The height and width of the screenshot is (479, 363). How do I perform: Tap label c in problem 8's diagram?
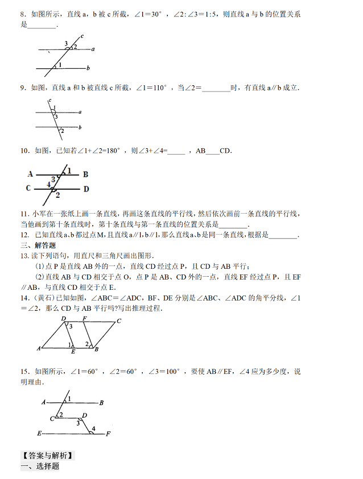point(82,36)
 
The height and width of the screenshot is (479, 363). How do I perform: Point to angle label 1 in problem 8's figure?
point(59,65)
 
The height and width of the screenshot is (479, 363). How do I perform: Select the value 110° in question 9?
point(155,88)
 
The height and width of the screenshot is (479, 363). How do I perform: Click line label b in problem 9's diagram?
point(80,127)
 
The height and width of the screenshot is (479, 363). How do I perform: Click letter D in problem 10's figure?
point(86,189)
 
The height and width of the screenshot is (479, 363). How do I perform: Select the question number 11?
point(24,214)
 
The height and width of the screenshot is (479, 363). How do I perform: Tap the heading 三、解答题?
point(38,245)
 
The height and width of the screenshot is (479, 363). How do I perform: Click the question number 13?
point(24,256)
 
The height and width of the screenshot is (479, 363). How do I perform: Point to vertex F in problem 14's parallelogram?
point(85,318)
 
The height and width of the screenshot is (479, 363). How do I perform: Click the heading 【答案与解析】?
point(46,455)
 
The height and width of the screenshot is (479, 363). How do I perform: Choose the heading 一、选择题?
point(40,466)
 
